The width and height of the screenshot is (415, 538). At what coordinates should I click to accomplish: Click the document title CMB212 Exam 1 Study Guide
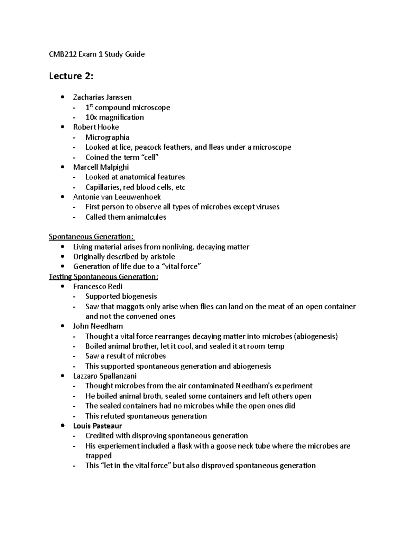click(x=96, y=54)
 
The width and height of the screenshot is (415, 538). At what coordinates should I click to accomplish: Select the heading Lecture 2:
click(x=71, y=76)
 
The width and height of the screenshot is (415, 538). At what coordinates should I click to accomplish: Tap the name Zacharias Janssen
click(x=102, y=97)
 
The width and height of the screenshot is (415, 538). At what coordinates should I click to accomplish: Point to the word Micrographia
click(x=107, y=137)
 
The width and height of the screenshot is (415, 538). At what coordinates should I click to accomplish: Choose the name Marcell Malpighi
click(x=101, y=167)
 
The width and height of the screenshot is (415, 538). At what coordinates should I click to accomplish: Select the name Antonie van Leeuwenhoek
click(x=117, y=197)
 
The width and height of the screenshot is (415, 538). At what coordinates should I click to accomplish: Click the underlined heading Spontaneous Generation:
click(x=91, y=237)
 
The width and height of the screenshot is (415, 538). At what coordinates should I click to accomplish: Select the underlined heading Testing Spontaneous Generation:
click(x=103, y=276)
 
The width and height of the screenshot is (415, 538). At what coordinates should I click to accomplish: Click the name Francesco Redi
click(x=98, y=286)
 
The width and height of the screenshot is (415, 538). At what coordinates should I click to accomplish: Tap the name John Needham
click(x=98, y=326)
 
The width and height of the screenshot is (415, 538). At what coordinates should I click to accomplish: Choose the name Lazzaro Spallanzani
click(x=105, y=376)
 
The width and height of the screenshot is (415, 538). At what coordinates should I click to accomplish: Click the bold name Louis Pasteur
click(x=98, y=426)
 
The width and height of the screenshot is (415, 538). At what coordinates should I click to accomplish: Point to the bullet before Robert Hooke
click(x=62, y=127)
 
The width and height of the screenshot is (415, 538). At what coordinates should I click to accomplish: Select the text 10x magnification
click(x=114, y=117)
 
